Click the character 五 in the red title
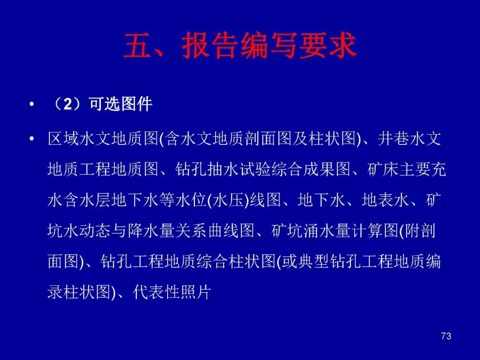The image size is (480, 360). click(x=138, y=46)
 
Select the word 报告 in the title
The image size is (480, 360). click(x=210, y=46)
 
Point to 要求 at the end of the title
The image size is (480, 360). click(x=328, y=46)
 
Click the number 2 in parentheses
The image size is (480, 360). click(x=68, y=104)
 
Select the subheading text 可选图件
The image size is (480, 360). click(x=120, y=104)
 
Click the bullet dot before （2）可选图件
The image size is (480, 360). click(x=32, y=105)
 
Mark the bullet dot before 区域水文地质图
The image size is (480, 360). click(x=32, y=139)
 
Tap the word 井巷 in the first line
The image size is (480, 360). click(x=393, y=138)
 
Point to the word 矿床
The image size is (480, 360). click(x=383, y=169)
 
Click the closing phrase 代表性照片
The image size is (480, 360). click(x=172, y=292)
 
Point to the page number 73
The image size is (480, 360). click(x=446, y=336)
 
